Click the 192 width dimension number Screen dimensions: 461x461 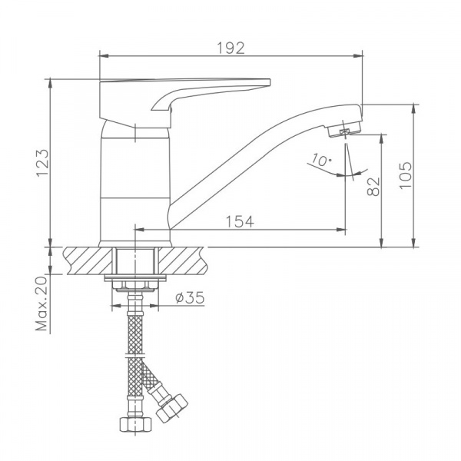[x=230, y=48]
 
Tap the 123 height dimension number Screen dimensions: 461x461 [x=42, y=163]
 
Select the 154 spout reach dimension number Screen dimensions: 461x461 [x=240, y=221]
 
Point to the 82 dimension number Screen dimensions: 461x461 [x=373, y=187]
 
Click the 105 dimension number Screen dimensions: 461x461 [x=406, y=175]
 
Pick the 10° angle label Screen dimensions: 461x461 [x=321, y=160]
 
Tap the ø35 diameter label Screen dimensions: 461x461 [x=190, y=298]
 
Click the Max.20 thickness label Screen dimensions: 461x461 [x=41, y=303]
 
